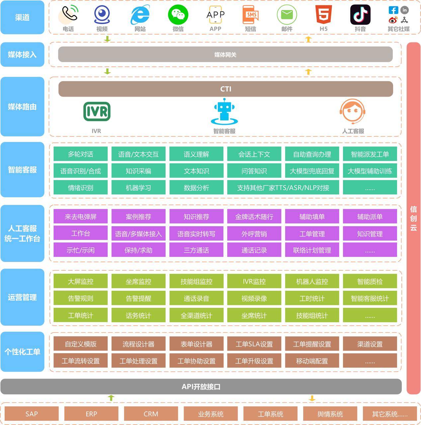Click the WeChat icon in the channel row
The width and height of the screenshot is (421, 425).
178,15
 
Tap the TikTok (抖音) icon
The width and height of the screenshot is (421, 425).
360,15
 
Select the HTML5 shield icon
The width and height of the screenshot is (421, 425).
323,15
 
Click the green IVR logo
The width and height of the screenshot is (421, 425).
97,112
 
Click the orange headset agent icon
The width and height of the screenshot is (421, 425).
353,112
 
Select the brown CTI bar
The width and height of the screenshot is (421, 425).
225,89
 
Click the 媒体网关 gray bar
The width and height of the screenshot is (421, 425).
225,54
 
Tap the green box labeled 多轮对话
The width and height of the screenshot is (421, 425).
80,154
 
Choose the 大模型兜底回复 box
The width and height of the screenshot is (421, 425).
312,171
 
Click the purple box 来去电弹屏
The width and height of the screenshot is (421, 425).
80,216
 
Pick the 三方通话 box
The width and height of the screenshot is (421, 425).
196,250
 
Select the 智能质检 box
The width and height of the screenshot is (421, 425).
370,282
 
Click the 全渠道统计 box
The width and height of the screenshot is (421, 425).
196,315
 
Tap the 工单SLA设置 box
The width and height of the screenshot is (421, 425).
254,344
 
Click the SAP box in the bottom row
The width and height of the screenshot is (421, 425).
32,414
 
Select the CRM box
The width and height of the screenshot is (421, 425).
151,414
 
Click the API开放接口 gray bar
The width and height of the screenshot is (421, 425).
201,386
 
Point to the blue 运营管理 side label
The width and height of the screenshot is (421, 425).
22,297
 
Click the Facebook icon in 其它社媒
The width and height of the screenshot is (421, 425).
393,10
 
